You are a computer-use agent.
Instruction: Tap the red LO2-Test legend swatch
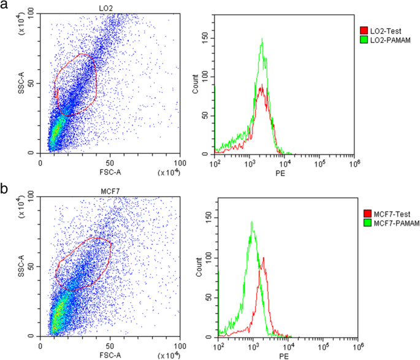pos(364,30)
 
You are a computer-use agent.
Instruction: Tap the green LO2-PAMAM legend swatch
pos(364,39)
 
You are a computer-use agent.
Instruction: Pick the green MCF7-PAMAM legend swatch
pos(364,223)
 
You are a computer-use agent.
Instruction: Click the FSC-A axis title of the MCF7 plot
pos(110,355)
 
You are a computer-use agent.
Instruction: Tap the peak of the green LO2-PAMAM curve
pos(262,39)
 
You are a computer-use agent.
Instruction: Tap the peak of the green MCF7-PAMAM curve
pos(252,222)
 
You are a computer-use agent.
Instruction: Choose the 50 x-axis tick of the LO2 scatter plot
pos(110,163)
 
